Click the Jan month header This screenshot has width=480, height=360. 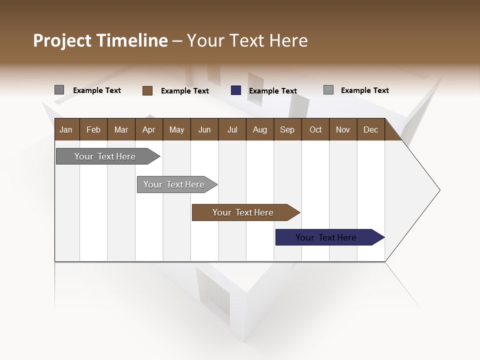[x=66, y=129]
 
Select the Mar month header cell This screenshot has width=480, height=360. [x=121, y=129]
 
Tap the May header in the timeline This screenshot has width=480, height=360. [x=176, y=129]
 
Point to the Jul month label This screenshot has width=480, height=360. [x=232, y=129]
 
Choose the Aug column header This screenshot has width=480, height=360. [x=259, y=129]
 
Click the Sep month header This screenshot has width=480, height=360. [x=287, y=129]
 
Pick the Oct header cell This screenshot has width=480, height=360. [x=315, y=129]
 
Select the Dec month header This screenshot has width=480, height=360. [x=370, y=129]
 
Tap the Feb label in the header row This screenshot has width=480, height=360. [x=93, y=129]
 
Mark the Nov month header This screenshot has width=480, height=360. [x=342, y=129]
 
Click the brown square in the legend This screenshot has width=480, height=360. [x=147, y=90]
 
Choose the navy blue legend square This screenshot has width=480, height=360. [x=236, y=90]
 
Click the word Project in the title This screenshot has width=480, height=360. [x=62, y=40]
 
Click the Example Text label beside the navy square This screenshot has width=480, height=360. [x=273, y=91]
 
